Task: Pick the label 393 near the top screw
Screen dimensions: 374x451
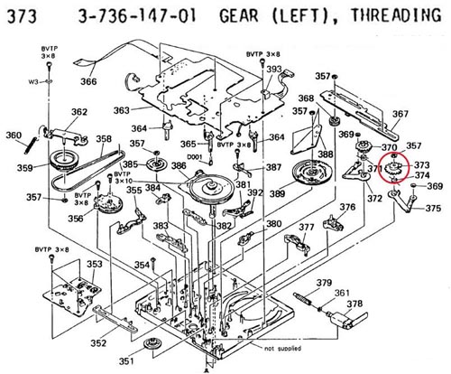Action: pos(273,70)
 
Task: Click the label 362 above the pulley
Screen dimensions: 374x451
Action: pos(79,112)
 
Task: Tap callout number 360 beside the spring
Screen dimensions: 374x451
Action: pos(13,136)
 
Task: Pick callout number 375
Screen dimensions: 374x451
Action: pos(433,209)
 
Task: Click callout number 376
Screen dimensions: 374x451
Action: pos(347,208)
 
